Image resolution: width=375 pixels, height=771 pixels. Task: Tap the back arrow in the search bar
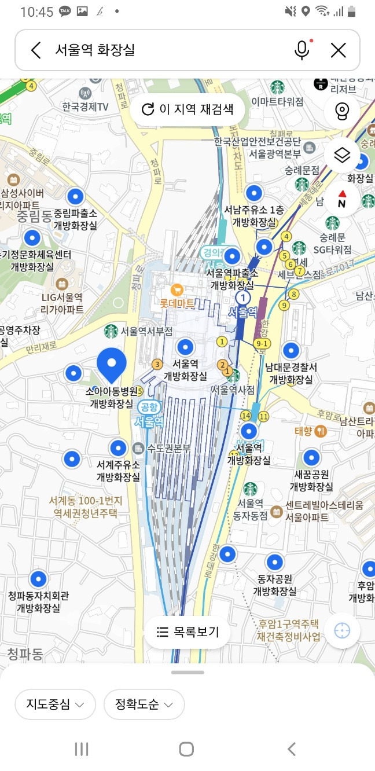[36, 50]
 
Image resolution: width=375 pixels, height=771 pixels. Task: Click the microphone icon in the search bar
[302, 50]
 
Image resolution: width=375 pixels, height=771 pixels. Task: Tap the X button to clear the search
[338, 50]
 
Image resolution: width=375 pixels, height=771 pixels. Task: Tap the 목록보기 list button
[187, 633]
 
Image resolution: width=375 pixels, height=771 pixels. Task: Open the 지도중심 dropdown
[55, 704]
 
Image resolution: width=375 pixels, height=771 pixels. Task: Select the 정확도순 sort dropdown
[144, 704]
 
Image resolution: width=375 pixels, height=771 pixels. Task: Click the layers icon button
[342, 155]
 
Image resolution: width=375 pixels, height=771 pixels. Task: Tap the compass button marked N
[342, 200]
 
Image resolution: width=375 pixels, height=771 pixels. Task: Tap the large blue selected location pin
[112, 363]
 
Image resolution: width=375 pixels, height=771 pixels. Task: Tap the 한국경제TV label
[86, 107]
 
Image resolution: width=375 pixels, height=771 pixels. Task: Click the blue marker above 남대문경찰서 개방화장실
[291, 350]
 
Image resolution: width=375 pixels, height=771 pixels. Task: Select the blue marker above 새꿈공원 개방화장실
[311, 458]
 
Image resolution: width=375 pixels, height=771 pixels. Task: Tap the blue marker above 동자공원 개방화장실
[274, 562]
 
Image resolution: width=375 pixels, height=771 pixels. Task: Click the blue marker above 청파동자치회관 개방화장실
[38, 579]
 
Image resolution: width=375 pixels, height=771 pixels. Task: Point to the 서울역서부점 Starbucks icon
[111, 332]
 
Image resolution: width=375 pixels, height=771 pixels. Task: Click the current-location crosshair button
[342, 631]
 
